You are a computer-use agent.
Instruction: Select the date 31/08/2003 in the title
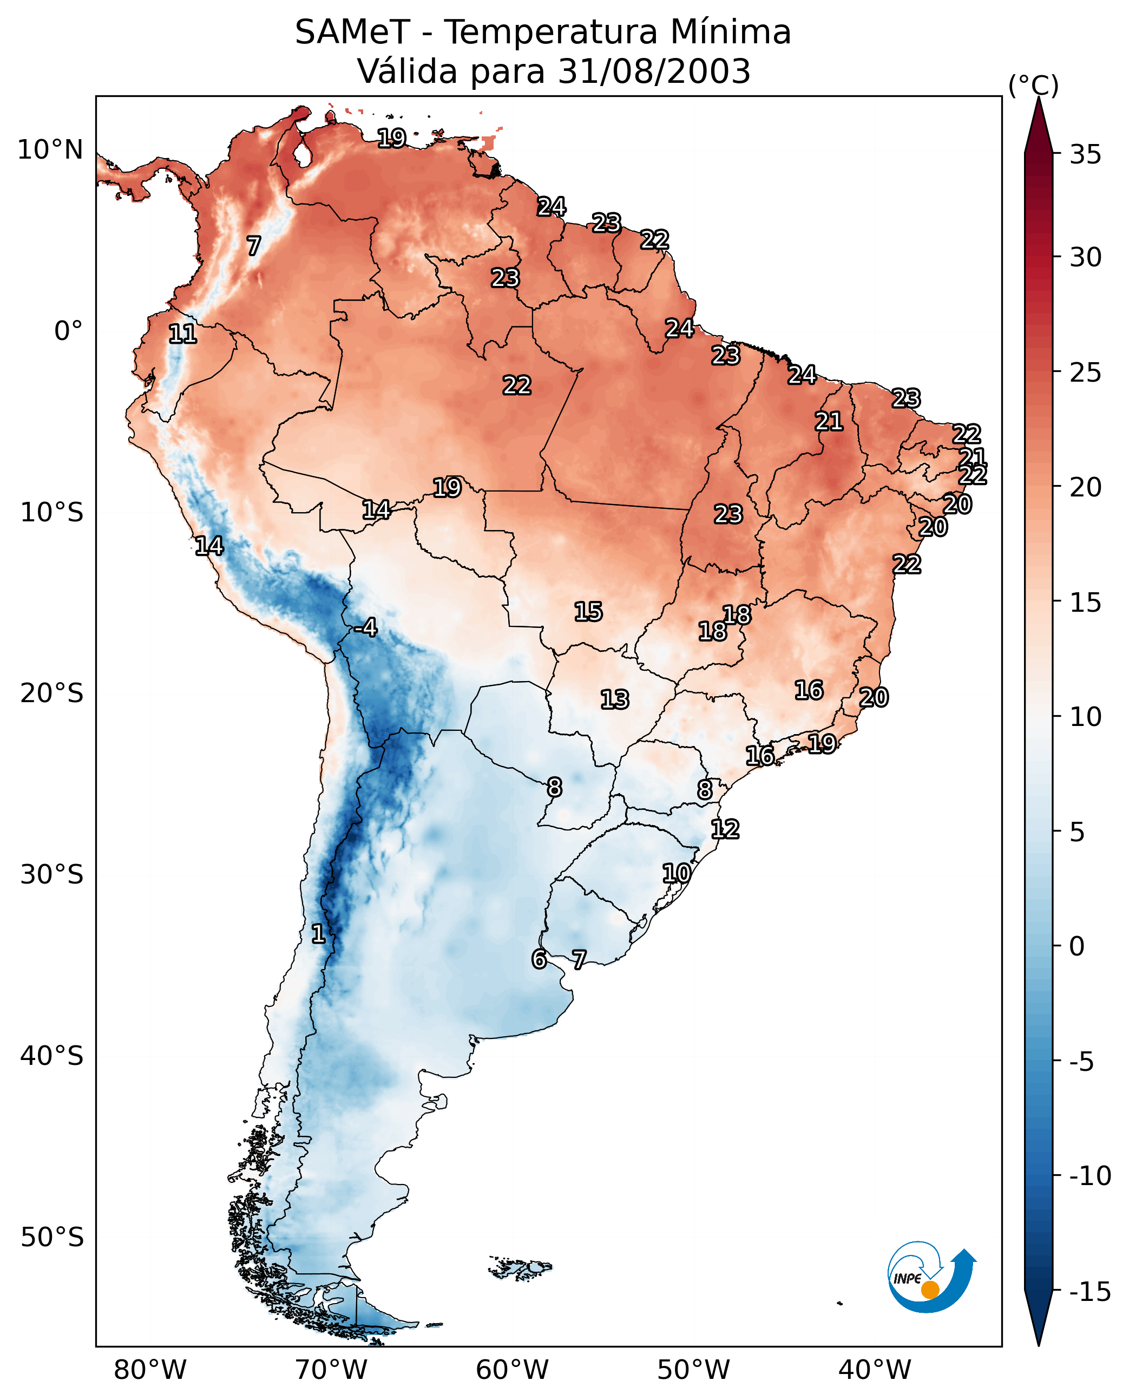[654, 71]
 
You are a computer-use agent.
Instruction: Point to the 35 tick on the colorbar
[1085, 155]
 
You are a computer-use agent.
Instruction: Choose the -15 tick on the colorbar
[1089, 1292]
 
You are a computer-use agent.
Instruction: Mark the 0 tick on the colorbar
[1077, 946]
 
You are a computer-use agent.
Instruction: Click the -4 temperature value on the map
[365, 628]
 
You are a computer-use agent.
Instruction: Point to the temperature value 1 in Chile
[318, 934]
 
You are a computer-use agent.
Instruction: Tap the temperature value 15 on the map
[588, 612]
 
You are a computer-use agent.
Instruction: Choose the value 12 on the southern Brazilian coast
[725, 829]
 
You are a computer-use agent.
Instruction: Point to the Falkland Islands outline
[520, 1268]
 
